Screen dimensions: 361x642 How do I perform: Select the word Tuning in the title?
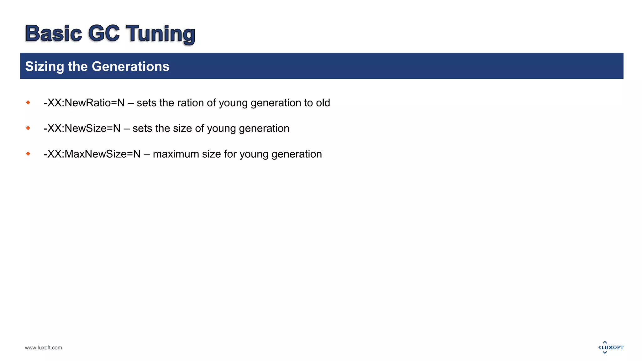coord(160,34)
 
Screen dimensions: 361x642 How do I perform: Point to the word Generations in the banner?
coord(130,66)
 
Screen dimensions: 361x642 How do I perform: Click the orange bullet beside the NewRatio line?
coord(28,102)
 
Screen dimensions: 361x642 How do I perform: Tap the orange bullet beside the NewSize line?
coord(28,128)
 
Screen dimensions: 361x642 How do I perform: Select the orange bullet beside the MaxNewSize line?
coord(28,154)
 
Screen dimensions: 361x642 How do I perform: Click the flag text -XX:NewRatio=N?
coord(84,103)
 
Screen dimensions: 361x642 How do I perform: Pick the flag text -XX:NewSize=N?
coord(82,128)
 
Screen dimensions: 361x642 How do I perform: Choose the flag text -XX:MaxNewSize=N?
coord(92,154)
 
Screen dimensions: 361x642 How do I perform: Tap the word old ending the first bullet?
coord(323,103)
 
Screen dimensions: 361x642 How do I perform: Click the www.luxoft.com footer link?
coord(44,348)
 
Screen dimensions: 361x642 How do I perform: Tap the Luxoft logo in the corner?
coord(611,347)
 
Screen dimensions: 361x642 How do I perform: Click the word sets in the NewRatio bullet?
coord(146,103)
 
